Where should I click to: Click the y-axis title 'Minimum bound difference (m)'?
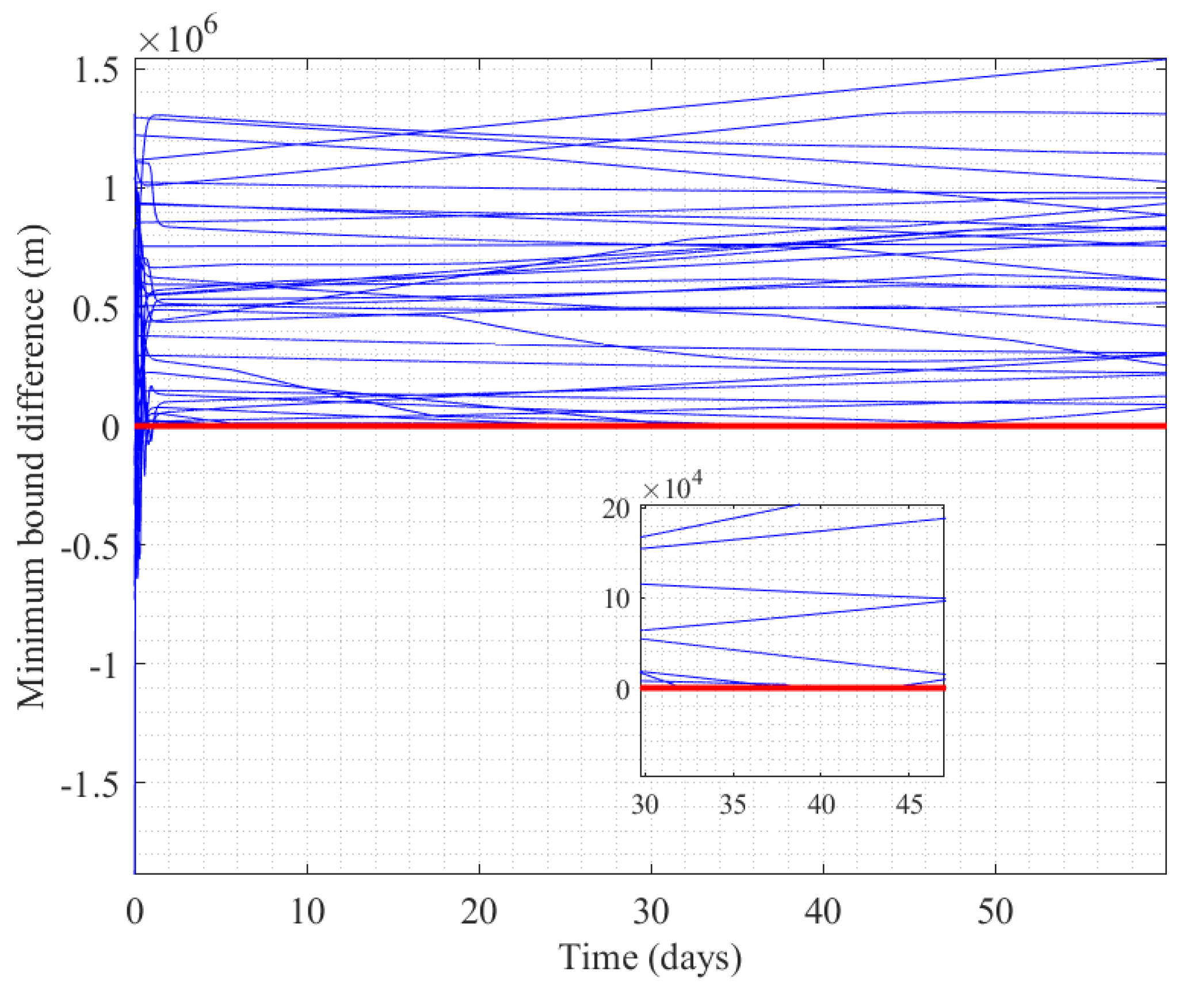coord(31,466)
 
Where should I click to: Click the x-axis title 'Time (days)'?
coord(650,958)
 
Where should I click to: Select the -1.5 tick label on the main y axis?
coord(90,784)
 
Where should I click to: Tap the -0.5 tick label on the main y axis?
coord(90,546)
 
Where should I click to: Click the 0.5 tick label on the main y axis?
coord(96,308)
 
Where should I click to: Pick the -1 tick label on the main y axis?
coord(104,665)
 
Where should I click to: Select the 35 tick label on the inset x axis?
coord(733,805)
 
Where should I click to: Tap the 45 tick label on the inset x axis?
coord(910,805)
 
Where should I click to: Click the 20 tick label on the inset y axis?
coord(616,509)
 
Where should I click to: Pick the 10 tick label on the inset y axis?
coord(616,599)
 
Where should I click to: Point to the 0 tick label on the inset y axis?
coord(623,689)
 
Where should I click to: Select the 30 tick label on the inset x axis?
coord(645,805)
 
